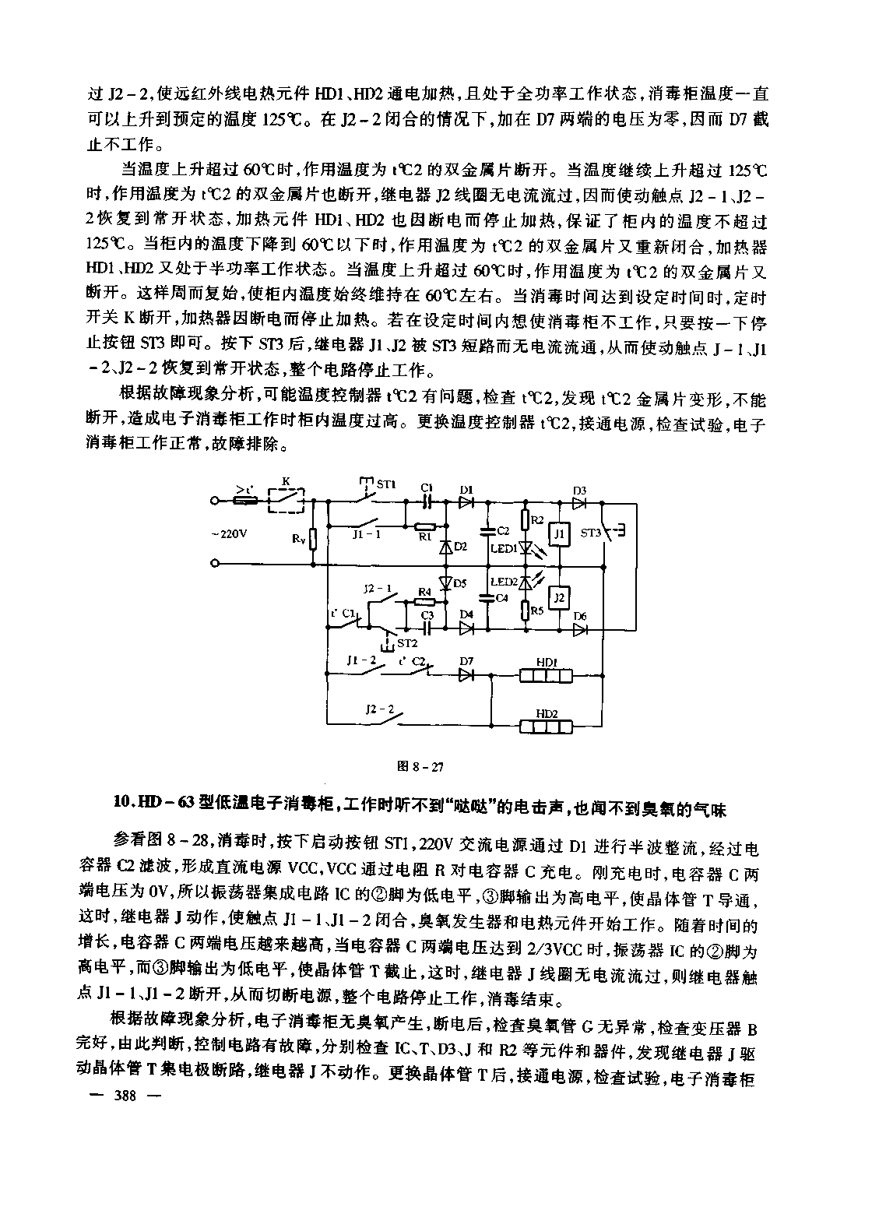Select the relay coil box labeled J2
coord(558,597)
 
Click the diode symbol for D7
coord(466,674)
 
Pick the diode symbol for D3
coord(579,503)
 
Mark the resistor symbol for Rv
coord(313,538)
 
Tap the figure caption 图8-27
coord(420,766)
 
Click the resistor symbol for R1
coord(424,526)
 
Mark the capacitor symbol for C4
coord(487,598)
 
